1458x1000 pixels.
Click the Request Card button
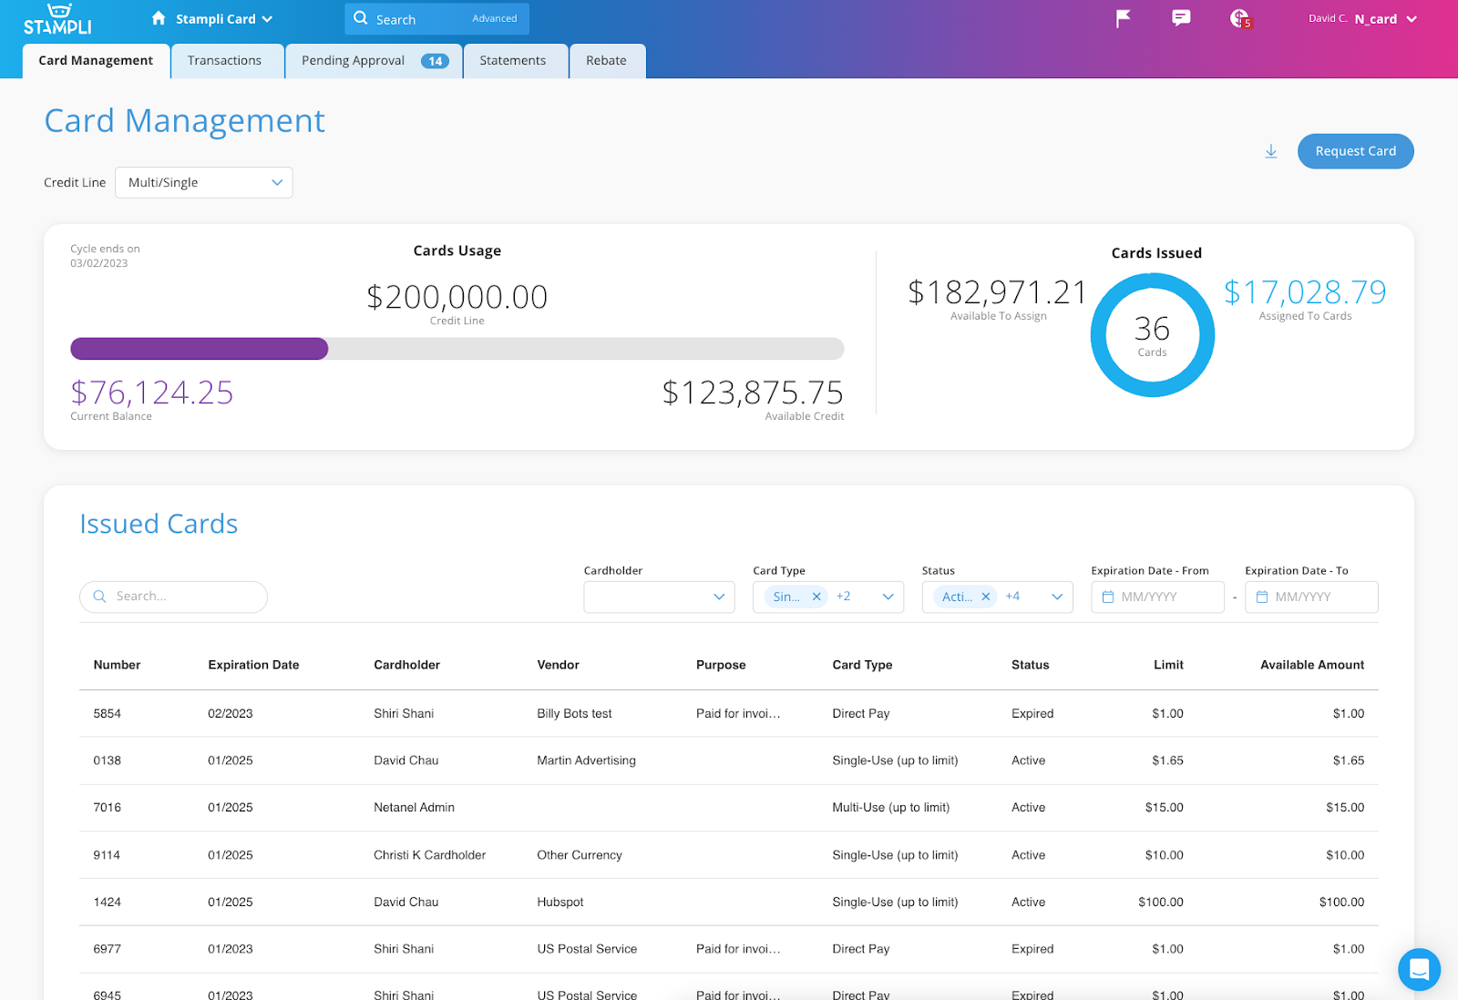1355,151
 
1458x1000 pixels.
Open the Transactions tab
224,61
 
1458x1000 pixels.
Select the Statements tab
513,61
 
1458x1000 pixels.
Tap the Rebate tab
606,61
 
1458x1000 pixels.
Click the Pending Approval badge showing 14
435,62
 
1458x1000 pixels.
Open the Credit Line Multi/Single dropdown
204,182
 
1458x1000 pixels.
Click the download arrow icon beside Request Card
1271,151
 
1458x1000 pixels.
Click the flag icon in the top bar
1124,18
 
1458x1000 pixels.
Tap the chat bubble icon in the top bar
1181,18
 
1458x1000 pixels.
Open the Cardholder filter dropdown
659,597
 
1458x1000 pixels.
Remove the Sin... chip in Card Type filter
816,597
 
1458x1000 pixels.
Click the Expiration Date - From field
1157,597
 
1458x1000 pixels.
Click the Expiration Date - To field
1311,597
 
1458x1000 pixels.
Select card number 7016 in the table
108,808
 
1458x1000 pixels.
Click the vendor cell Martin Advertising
586,760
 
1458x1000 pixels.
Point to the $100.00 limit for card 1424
1160,902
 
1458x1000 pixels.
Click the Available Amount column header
1311,665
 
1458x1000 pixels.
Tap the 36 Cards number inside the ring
1152,329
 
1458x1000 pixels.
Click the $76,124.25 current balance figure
152,393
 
